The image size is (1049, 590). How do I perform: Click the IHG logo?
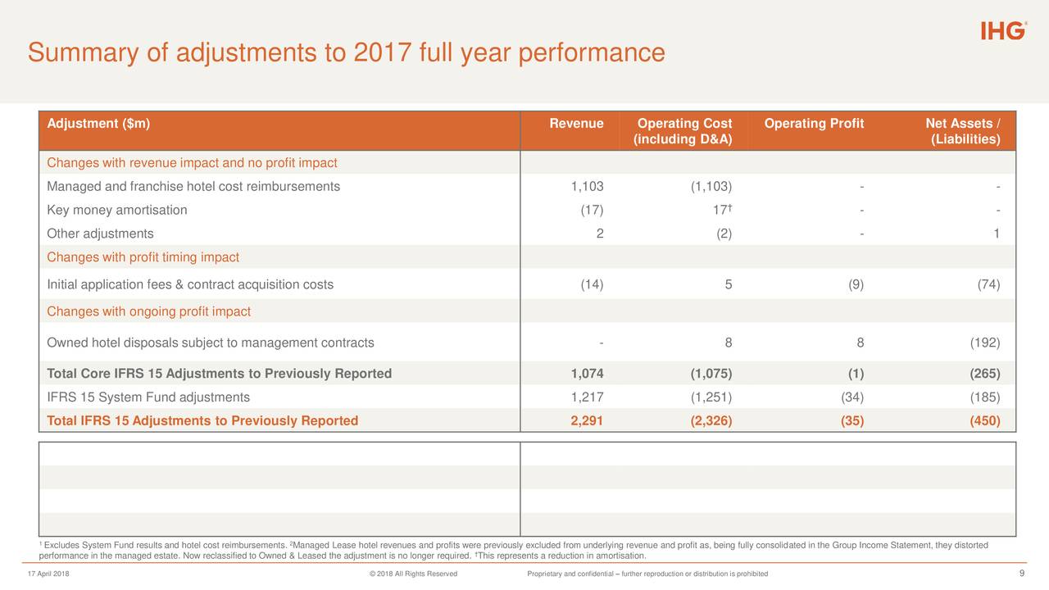tap(1003, 31)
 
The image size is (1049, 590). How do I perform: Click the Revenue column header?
tap(576, 124)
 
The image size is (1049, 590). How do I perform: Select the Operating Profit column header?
tap(814, 124)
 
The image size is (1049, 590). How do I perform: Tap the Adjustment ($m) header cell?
tap(98, 124)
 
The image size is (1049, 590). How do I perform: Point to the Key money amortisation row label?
tap(117, 211)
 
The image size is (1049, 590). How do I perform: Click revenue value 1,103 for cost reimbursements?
tap(587, 187)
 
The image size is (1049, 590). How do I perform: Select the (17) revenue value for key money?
tap(592, 211)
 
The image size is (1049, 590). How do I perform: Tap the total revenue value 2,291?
tap(587, 421)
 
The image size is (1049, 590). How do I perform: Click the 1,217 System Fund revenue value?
tap(587, 397)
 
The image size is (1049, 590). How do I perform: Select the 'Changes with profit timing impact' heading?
tap(143, 257)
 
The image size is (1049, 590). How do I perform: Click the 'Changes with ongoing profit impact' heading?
tap(149, 312)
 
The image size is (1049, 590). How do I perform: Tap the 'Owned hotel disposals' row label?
tap(211, 343)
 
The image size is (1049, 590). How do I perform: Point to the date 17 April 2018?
tap(48, 574)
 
